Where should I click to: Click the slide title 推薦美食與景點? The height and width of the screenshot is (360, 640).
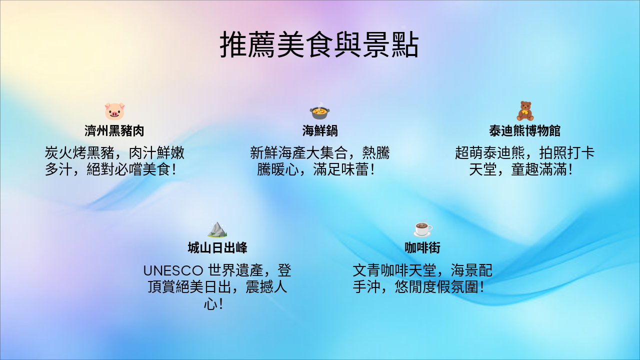tap(319, 45)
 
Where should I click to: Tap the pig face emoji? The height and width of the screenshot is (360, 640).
tap(114, 110)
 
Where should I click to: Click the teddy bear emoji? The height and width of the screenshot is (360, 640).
tap(525, 110)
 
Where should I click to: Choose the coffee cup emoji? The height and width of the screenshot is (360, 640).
tap(422, 228)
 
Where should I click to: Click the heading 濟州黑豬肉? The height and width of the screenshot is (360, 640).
tap(114, 131)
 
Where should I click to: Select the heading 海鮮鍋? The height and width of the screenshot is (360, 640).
tap(320, 131)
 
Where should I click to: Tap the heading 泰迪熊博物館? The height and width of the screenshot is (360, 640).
tap(525, 131)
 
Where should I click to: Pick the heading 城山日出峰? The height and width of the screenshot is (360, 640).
tap(217, 248)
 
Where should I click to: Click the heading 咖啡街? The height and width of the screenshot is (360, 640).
tap(422, 248)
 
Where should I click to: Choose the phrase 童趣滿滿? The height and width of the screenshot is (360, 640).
tap(539, 169)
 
